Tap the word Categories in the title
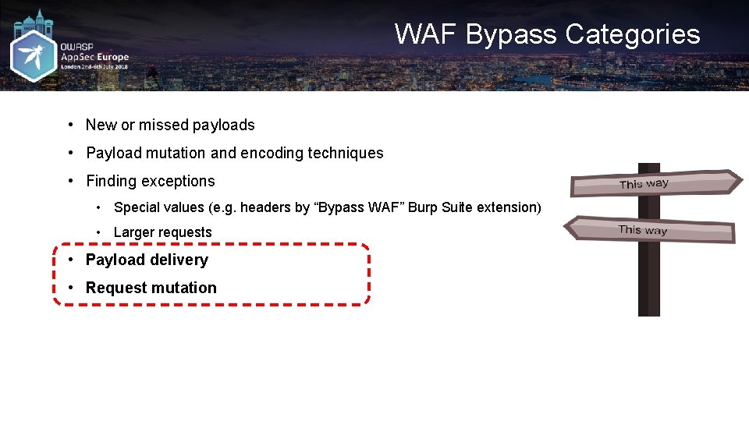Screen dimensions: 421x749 pos(633,34)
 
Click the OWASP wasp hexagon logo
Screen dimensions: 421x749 pos(34,55)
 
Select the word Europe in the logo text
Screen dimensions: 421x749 pos(113,57)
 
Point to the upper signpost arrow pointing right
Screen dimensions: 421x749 pos(655,183)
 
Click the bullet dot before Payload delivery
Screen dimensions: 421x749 pos(70,260)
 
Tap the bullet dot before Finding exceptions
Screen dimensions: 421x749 pos(70,181)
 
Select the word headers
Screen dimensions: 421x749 pos(265,207)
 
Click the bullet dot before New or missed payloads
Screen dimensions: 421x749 pos(70,125)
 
